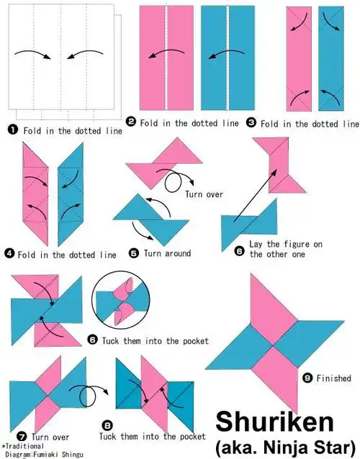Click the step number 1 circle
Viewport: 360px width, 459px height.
point(12,129)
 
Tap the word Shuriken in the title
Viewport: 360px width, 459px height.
point(275,422)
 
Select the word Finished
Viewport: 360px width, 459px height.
point(333,378)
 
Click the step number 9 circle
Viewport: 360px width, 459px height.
point(307,378)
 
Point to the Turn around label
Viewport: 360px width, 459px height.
point(167,253)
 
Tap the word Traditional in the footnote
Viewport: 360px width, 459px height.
point(24,447)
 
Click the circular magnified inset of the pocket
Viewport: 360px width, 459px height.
point(121,300)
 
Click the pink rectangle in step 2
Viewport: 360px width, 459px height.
point(166,58)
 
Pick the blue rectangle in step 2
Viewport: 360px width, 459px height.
point(228,58)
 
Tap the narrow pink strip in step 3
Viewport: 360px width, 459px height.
point(299,59)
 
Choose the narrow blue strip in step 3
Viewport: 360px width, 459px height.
point(331,59)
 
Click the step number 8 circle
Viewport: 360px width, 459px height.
point(107,425)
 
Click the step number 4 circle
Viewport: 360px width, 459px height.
point(9,253)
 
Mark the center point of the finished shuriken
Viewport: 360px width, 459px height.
point(274,346)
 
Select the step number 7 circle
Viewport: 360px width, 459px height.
point(22,437)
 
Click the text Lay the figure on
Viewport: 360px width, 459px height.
point(286,244)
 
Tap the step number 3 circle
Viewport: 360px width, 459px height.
point(251,122)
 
